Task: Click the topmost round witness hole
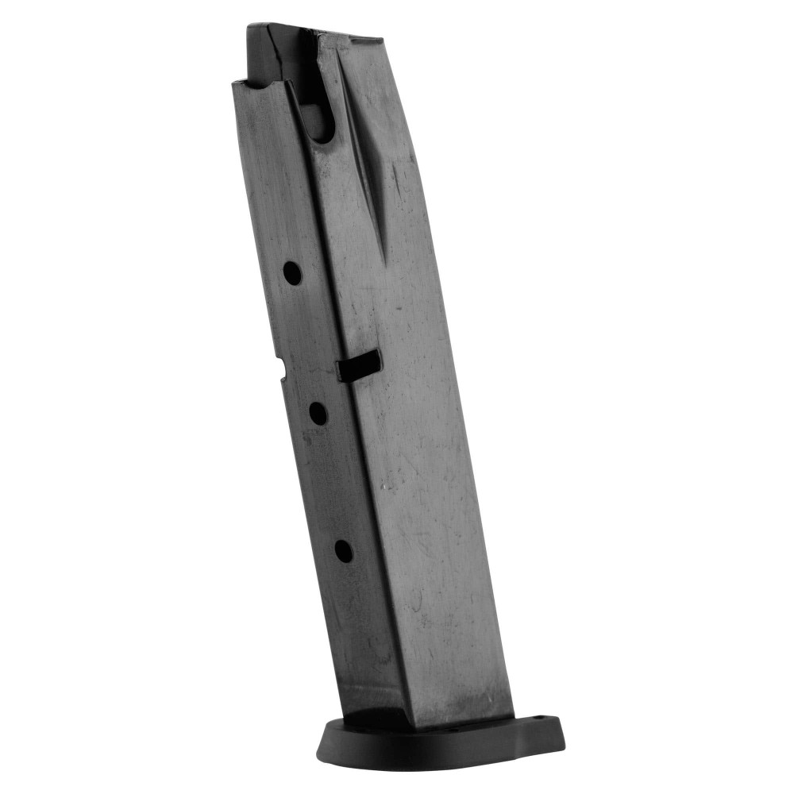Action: click(292, 273)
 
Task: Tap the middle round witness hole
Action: click(318, 413)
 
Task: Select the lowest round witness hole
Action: click(343, 550)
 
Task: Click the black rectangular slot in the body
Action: click(359, 366)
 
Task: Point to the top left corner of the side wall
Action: click(233, 82)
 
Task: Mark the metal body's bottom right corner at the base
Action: click(512, 719)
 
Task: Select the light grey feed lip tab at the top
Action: click(349, 37)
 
